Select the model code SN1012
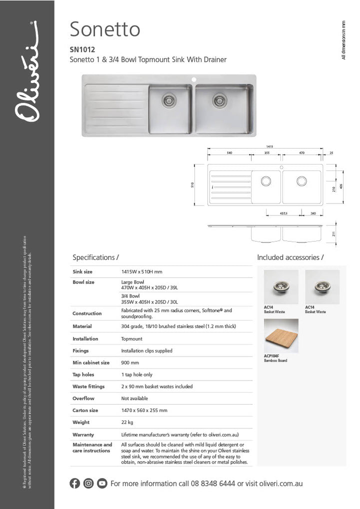click(x=81, y=49)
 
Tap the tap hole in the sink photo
click(x=194, y=79)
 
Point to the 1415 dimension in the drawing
click(x=269, y=146)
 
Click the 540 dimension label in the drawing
click(x=229, y=153)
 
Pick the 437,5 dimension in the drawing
click(x=283, y=213)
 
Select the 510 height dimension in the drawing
click(x=193, y=184)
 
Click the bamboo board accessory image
click(x=281, y=336)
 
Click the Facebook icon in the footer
click(x=75, y=483)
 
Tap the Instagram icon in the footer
click(x=88, y=483)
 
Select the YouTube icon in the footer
click(x=102, y=483)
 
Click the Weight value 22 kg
click(x=127, y=422)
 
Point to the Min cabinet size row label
click(x=91, y=362)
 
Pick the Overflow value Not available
click(x=134, y=398)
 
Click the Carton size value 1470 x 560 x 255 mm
click(x=144, y=410)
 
